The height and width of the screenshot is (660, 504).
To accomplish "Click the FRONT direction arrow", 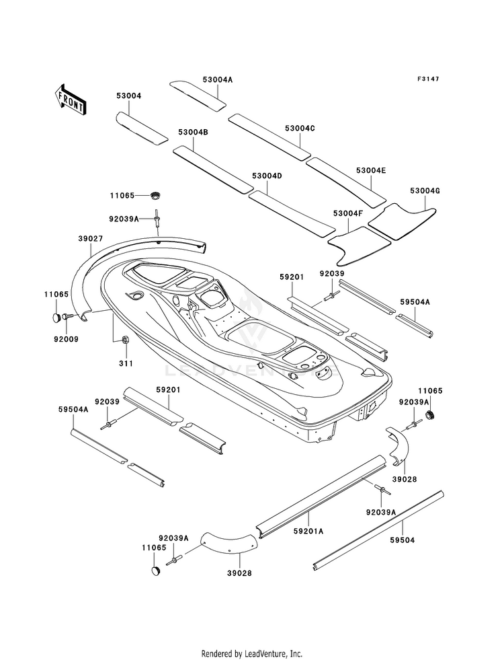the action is point(70,100).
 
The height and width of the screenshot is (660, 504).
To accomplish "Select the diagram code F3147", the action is point(428,79).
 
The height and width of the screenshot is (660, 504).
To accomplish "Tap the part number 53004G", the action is point(425,190).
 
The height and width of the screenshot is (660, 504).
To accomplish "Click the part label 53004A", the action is point(217,79).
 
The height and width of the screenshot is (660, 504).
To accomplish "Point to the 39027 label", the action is point(90,239).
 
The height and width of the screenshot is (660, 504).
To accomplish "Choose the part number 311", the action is point(126,363).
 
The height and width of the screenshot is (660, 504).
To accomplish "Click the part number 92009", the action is point(66,339).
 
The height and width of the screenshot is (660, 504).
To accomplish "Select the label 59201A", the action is point(308,531).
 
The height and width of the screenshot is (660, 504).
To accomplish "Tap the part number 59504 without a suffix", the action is point(403,540).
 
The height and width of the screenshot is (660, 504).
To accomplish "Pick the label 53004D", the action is point(267,176).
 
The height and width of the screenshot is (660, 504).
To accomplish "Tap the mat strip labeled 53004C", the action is point(269,136).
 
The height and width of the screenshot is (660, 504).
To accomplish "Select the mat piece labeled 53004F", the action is point(359,246).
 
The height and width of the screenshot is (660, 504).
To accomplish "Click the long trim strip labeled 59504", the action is point(379,530).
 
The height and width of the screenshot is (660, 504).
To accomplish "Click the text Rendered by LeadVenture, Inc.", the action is point(252,654).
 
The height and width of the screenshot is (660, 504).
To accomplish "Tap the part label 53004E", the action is point(371,170).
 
